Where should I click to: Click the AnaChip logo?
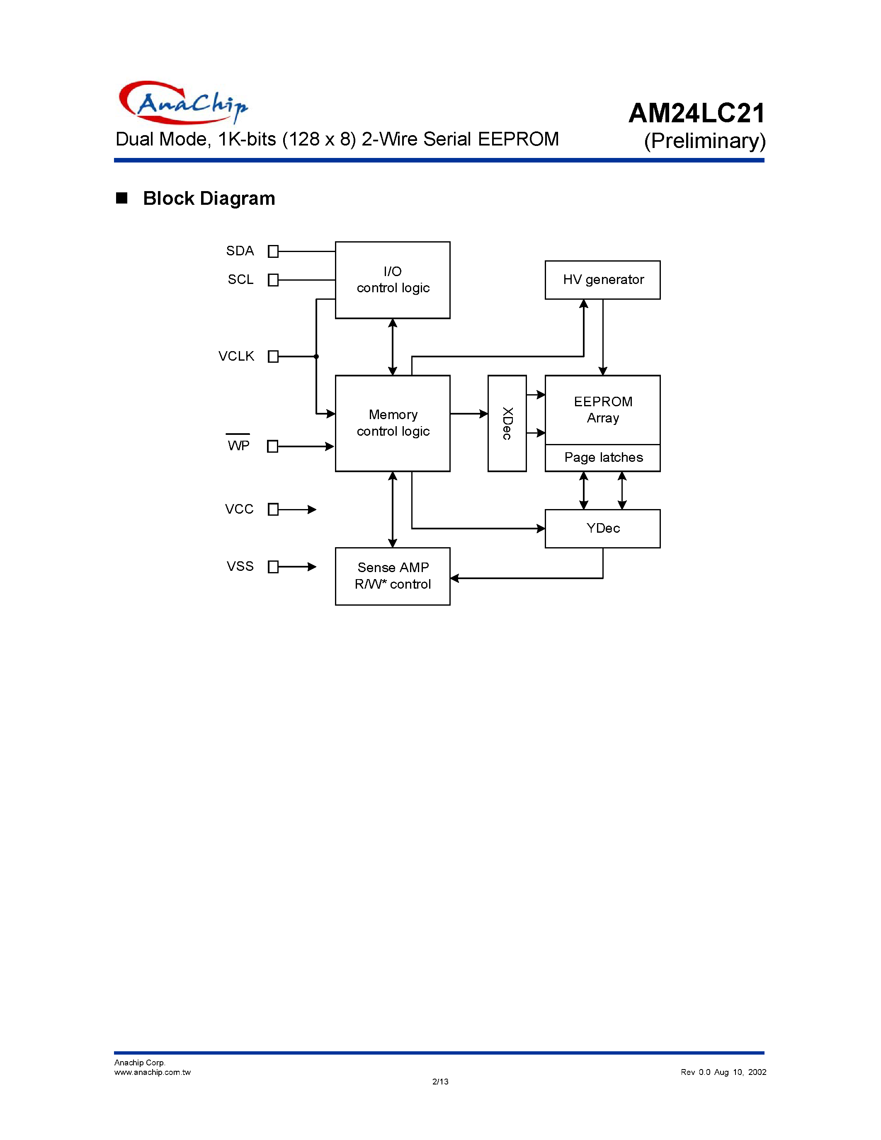tap(183, 103)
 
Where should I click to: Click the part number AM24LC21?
tap(697, 113)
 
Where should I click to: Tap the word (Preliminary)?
tap(704, 141)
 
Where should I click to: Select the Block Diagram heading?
tap(209, 198)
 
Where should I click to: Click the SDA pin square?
tap(273, 252)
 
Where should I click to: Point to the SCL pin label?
tap(240, 280)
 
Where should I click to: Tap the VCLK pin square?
tap(273, 357)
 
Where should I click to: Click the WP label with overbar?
tap(238, 445)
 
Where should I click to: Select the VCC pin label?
tap(239, 509)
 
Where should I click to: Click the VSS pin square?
tap(273, 567)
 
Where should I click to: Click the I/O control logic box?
tap(393, 280)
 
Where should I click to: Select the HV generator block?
tap(603, 280)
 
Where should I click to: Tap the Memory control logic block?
tap(393, 423)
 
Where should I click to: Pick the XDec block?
tap(507, 423)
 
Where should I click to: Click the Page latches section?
tap(603, 458)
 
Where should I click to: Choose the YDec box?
tap(603, 528)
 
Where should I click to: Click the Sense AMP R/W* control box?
tap(393, 576)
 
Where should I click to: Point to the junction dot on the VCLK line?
tap(316, 357)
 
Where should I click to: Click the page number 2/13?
tap(440, 1082)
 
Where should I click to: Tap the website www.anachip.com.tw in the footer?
tap(153, 1072)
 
